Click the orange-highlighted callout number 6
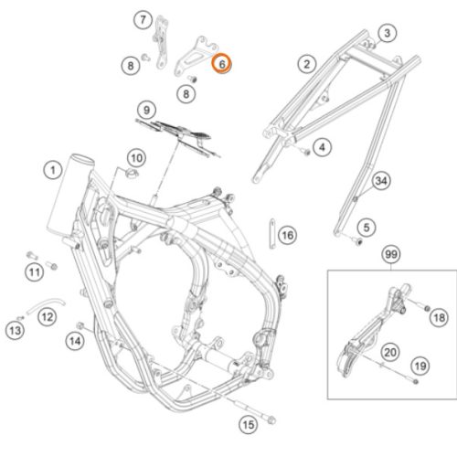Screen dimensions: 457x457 (222, 63)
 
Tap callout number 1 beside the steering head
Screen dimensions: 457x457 (53, 170)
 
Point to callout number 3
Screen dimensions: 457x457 (387, 33)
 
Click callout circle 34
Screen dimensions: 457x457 (381, 181)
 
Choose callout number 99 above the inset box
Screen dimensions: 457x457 (391, 254)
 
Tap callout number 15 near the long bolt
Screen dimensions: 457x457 (249, 424)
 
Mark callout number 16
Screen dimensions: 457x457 (288, 235)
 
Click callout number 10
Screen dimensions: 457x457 (136, 158)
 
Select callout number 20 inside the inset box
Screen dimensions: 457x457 (390, 352)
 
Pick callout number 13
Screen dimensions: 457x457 (16, 331)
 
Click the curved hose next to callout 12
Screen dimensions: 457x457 (46, 304)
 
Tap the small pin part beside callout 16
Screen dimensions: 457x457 (272, 233)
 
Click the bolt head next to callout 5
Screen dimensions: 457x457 (359, 242)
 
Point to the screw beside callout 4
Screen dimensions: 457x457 (306, 151)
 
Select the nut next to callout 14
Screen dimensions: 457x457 (80, 325)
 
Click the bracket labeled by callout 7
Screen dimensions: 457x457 (161, 43)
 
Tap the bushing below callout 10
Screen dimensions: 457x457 (132, 174)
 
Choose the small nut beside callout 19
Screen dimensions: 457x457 (415, 381)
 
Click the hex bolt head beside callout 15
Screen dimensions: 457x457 (271, 420)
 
